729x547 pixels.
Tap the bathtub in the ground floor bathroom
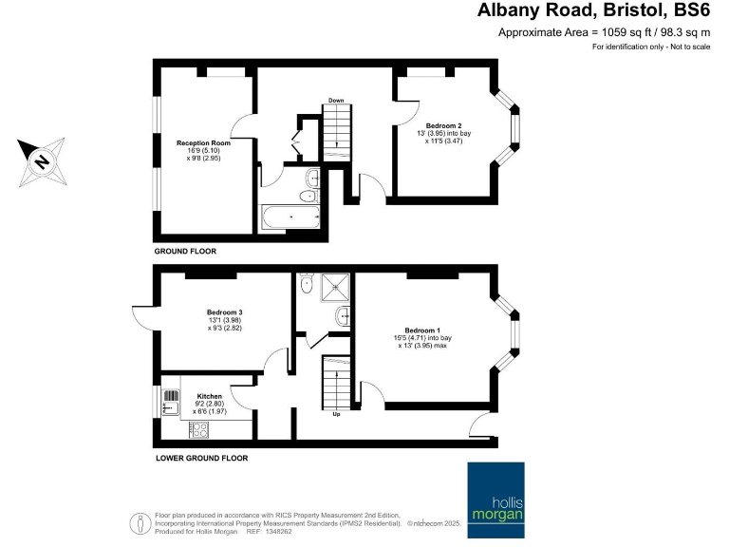[x=290, y=218]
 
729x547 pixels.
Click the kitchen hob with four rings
[x=201, y=428]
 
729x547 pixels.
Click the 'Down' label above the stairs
[x=336, y=100]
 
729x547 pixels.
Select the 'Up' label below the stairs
[x=336, y=414]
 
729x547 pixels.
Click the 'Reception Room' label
[x=203, y=142]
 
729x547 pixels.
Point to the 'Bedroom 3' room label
[x=225, y=311]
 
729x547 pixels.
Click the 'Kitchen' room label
[x=209, y=395]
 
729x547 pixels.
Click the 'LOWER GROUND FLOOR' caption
[x=201, y=458]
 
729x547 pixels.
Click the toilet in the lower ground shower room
[x=307, y=285]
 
